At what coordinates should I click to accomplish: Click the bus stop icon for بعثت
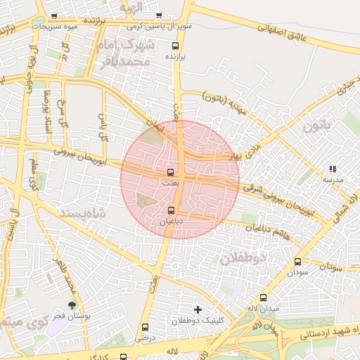point(170,172)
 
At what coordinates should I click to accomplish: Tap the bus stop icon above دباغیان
point(172,210)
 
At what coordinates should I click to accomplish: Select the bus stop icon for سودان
point(297,262)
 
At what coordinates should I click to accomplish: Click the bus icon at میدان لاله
point(264,297)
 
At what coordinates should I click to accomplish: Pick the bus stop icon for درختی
point(146,327)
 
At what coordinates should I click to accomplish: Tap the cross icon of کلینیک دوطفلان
point(198,309)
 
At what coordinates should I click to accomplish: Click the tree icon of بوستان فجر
point(72,305)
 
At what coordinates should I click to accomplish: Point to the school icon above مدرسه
point(333,169)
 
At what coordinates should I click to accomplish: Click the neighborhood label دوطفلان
point(244,258)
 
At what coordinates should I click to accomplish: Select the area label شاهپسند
point(83,212)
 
